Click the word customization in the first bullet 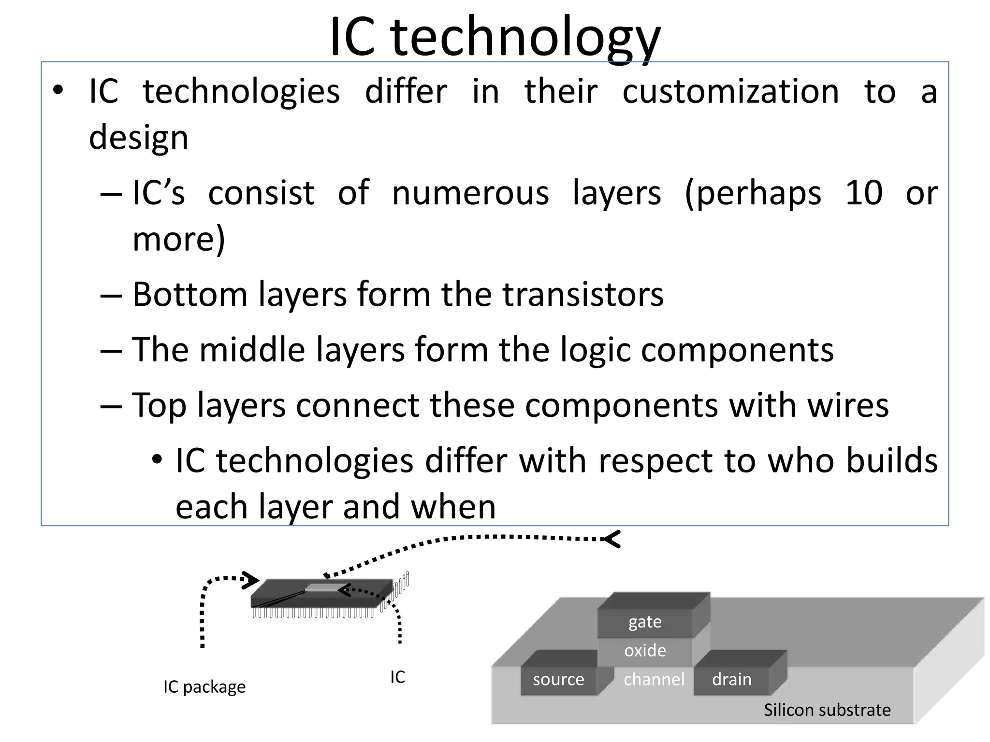pyautogui.click(x=730, y=92)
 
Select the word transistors pyautogui.click(x=583, y=295)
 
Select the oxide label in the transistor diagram pyautogui.click(x=645, y=650)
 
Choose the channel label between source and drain pyautogui.click(x=654, y=679)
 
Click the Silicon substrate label pyautogui.click(x=827, y=710)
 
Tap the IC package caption pyautogui.click(x=204, y=686)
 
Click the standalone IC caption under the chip pyautogui.click(x=397, y=677)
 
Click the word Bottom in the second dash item pyautogui.click(x=189, y=295)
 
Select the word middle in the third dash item pyautogui.click(x=252, y=350)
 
